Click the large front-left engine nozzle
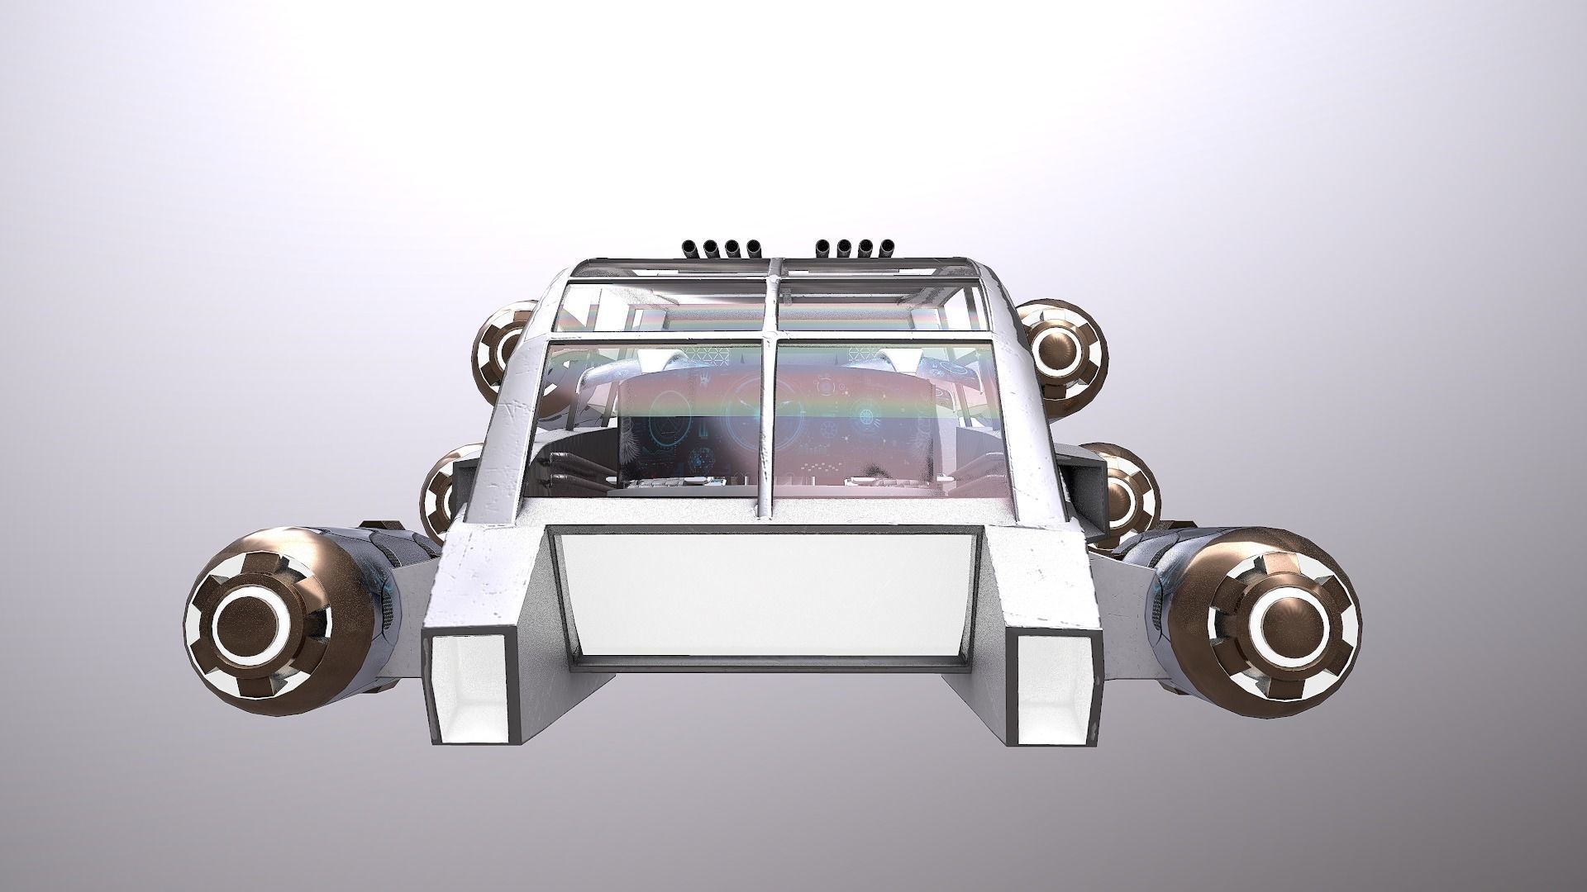(x=256, y=618)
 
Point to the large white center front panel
(x=765, y=595)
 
